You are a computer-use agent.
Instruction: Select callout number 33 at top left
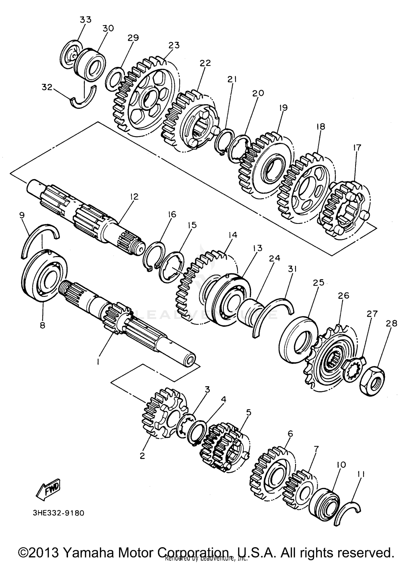[85, 20]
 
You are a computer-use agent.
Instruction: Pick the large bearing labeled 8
[44, 276]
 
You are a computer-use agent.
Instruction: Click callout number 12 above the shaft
[134, 197]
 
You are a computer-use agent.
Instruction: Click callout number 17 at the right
[357, 148]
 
